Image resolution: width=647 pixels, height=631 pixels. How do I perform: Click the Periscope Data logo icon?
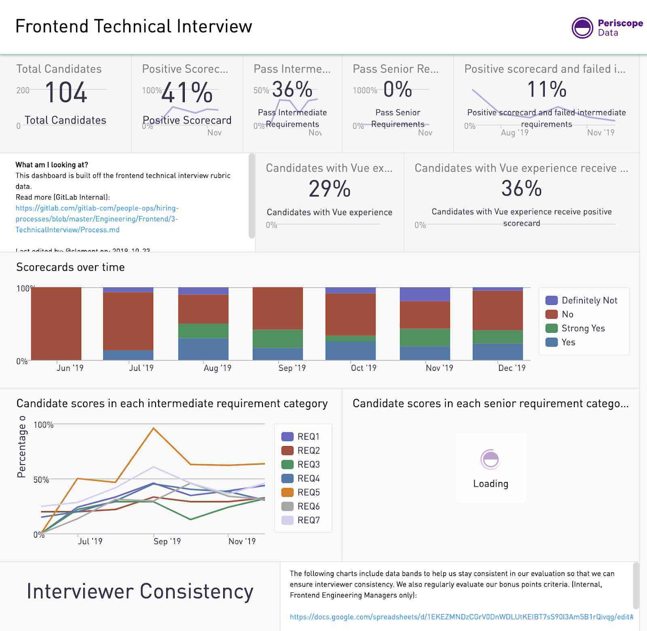pyautogui.click(x=582, y=28)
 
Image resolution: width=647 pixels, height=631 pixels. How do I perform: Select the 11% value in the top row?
pyautogui.click(x=547, y=89)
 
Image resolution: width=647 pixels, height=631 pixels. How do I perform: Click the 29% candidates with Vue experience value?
pyautogui.click(x=330, y=189)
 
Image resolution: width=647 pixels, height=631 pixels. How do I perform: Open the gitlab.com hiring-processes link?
pyautogui.click(x=97, y=219)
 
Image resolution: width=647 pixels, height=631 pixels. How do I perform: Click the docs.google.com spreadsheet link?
pyautogui.click(x=461, y=617)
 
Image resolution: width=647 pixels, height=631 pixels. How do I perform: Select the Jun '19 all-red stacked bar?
pyautogui.click(x=56, y=324)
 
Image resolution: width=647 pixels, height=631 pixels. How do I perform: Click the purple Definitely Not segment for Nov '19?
pyautogui.click(x=425, y=294)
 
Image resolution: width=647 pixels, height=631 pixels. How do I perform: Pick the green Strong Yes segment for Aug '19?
pyautogui.click(x=203, y=330)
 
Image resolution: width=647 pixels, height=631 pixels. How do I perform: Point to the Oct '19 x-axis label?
pyautogui.click(x=363, y=368)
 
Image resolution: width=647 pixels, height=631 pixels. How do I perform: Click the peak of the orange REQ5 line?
pyautogui.click(x=153, y=428)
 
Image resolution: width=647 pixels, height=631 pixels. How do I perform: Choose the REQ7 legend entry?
pyautogui.click(x=308, y=520)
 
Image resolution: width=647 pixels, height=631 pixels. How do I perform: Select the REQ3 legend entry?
pyautogui.click(x=308, y=465)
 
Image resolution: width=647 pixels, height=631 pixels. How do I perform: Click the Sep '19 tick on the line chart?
pyautogui.click(x=167, y=541)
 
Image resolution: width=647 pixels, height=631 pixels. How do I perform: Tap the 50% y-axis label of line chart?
pyautogui.click(x=41, y=480)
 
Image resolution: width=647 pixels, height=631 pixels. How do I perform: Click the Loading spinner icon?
pyautogui.click(x=491, y=459)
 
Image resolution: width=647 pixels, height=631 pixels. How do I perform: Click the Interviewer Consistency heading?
pyautogui.click(x=140, y=591)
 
